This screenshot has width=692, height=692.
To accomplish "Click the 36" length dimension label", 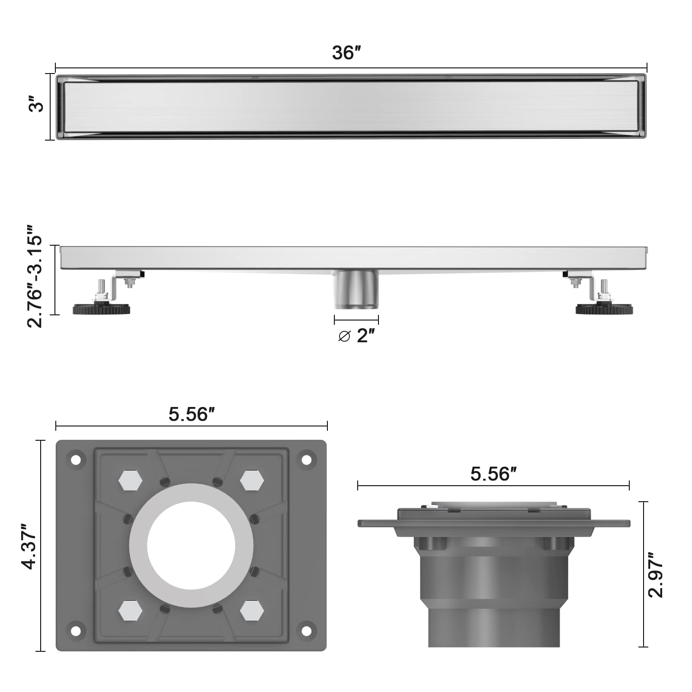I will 346,53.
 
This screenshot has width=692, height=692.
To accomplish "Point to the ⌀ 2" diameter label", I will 356,335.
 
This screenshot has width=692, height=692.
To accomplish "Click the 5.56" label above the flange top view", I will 192,414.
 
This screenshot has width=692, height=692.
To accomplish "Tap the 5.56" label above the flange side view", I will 493,474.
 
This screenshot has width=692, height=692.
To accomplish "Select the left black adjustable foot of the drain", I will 102,309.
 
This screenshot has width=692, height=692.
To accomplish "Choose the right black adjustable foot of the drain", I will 604,309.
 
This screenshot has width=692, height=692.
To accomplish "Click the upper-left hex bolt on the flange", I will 130,480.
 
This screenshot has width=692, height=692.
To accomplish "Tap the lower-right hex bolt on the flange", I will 252,610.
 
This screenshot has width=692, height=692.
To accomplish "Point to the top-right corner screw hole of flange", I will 306,460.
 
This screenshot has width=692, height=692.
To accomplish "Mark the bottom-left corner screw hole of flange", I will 76,631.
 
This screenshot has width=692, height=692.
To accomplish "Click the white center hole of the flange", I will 191,545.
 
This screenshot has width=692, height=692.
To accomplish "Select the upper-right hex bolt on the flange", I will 252,480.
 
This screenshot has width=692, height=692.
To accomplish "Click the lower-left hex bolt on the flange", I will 130,610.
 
